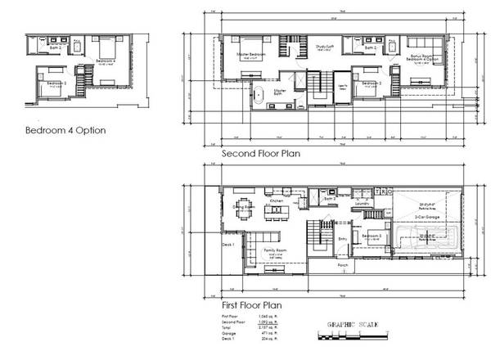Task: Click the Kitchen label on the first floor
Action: pyautogui.click(x=277, y=200)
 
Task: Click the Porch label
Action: pyautogui.click(x=345, y=266)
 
